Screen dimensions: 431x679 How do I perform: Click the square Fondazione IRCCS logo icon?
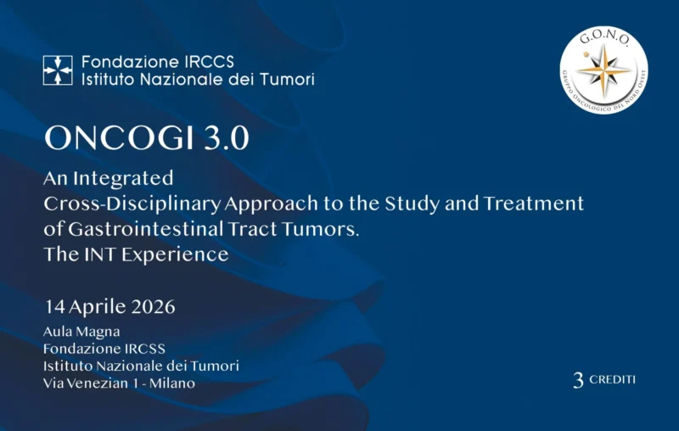tap(58, 70)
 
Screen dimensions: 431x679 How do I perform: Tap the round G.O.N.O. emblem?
tap(604, 70)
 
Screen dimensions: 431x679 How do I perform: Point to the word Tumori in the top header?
tap(285, 80)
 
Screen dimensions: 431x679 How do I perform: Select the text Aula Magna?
tap(81, 331)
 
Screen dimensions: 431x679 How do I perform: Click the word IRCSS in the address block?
tap(143, 349)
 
